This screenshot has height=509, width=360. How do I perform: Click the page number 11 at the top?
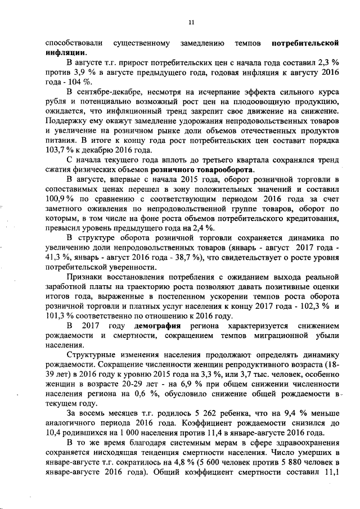191,22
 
